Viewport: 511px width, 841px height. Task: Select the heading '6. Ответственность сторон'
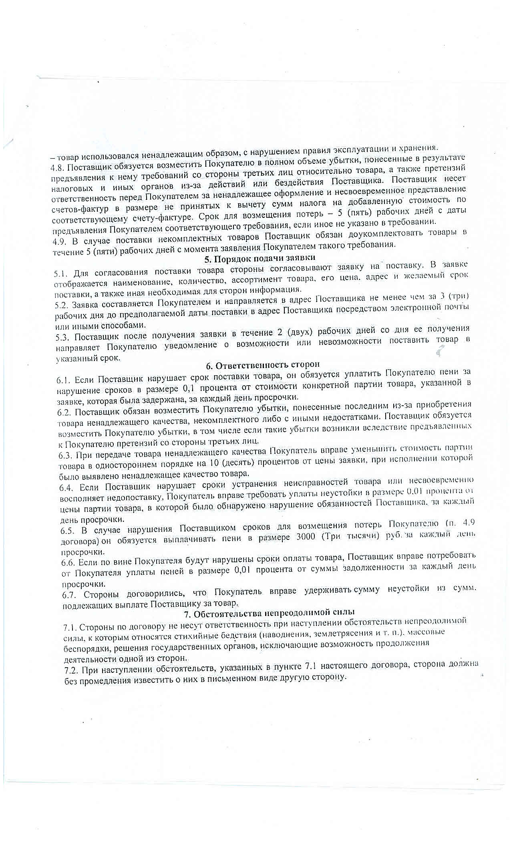click(263, 364)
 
